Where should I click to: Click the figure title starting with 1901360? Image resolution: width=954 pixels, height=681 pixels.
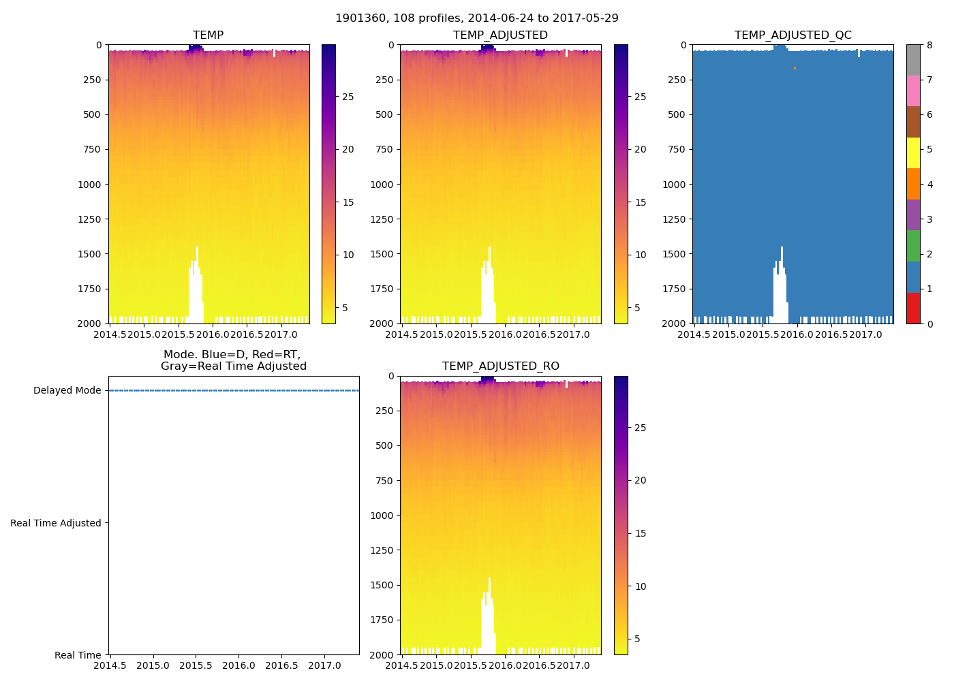pyautogui.click(x=476, y=18)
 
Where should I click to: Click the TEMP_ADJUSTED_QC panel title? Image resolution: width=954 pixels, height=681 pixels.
pyautogui.click(x=793, y=35)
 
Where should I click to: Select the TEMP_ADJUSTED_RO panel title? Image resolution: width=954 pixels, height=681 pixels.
pyautogui.click(x=500, y=366)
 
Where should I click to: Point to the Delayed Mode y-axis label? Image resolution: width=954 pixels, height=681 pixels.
pyautogui.click(x=67, y=391)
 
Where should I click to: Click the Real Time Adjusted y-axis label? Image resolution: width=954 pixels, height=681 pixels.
pyautogui.click(x=55, y=523)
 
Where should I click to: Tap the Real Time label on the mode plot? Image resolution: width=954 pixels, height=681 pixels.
pyautogui.click(x=78, y=655)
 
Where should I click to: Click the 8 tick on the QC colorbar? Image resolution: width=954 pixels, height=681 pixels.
pyautogui.click(x=929, y=45)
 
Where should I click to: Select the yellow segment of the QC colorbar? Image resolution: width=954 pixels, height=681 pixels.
pyautogui.click(x=913, y=153)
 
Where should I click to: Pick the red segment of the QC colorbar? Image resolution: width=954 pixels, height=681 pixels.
pyautogui.click(x=913, y=308)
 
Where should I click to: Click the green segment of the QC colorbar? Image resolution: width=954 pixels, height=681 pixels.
pyautogui.click(x=913, y=246)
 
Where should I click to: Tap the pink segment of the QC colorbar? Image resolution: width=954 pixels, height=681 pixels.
pyautogui.click(x=913, y=91)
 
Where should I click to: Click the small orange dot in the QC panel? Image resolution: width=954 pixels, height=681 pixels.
pyautogui.click(x=795, y=68)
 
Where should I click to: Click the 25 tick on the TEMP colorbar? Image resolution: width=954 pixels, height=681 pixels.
pyautogui.click(x=348, y=97)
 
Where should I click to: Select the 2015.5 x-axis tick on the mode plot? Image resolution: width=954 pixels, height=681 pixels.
pyautogui.click(x=196, y=665)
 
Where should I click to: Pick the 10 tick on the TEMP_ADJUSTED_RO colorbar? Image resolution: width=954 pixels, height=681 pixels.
pyautogui.click(x=641, y=586)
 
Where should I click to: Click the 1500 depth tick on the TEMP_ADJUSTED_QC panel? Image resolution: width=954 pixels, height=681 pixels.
pyautogui.click(x=675, y=254)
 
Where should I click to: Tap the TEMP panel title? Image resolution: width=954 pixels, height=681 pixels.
pyautogui.click(x=208, y=35)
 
